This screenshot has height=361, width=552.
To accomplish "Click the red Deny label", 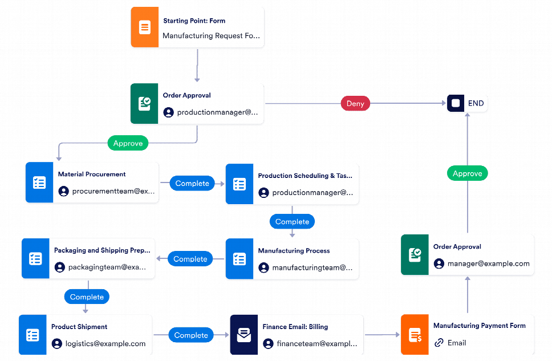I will pyautogui.click(x=355, y=103).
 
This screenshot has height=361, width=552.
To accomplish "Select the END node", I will pyautogui.click(x=467, y=103).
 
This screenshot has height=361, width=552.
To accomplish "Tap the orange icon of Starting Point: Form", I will pyautogui.click(x=145, y=27).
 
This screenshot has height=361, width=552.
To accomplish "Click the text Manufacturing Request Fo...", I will pyautogui.click(x=212, y=35).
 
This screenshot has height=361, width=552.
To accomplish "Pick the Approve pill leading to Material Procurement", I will pyautogui.click(x=128, y=143).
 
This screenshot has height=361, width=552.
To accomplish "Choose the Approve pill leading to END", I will pyautogui.click(x=467, y=173).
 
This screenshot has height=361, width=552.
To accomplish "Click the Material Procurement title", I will pyautogui.click(x=92, y=174).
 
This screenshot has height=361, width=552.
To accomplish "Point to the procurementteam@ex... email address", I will pyautogui.click(x=113, y=191).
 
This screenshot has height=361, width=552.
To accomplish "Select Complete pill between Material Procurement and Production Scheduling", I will pyautogui.click(x=192, y=183).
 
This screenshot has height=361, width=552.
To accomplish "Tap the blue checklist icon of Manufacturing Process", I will pyautogui.click(x=240, y=259).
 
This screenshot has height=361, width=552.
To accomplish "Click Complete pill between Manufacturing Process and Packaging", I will pyautogui.click(x=190, y=259).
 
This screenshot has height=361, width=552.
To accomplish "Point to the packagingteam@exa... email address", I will pyautogui.click(x=107, y=267).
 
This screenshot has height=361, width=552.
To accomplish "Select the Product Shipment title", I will pyautogui.click(x=79, y=327).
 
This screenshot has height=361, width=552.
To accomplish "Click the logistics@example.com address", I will pyautogui.click(x=105, y=343).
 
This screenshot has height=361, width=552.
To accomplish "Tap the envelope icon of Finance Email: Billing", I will pyautogui.click(x=244, y=335).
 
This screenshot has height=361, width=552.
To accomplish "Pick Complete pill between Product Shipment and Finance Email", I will pyautogui.click(x=191, y=335).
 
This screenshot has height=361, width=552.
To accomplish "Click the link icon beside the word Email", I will pyautogui.click(x=439, y=343).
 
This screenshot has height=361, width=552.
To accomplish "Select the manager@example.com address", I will pyautogui.click(x=489, y=263).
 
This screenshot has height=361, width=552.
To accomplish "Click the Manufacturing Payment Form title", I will pyautogui.click(x=479, y=326).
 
